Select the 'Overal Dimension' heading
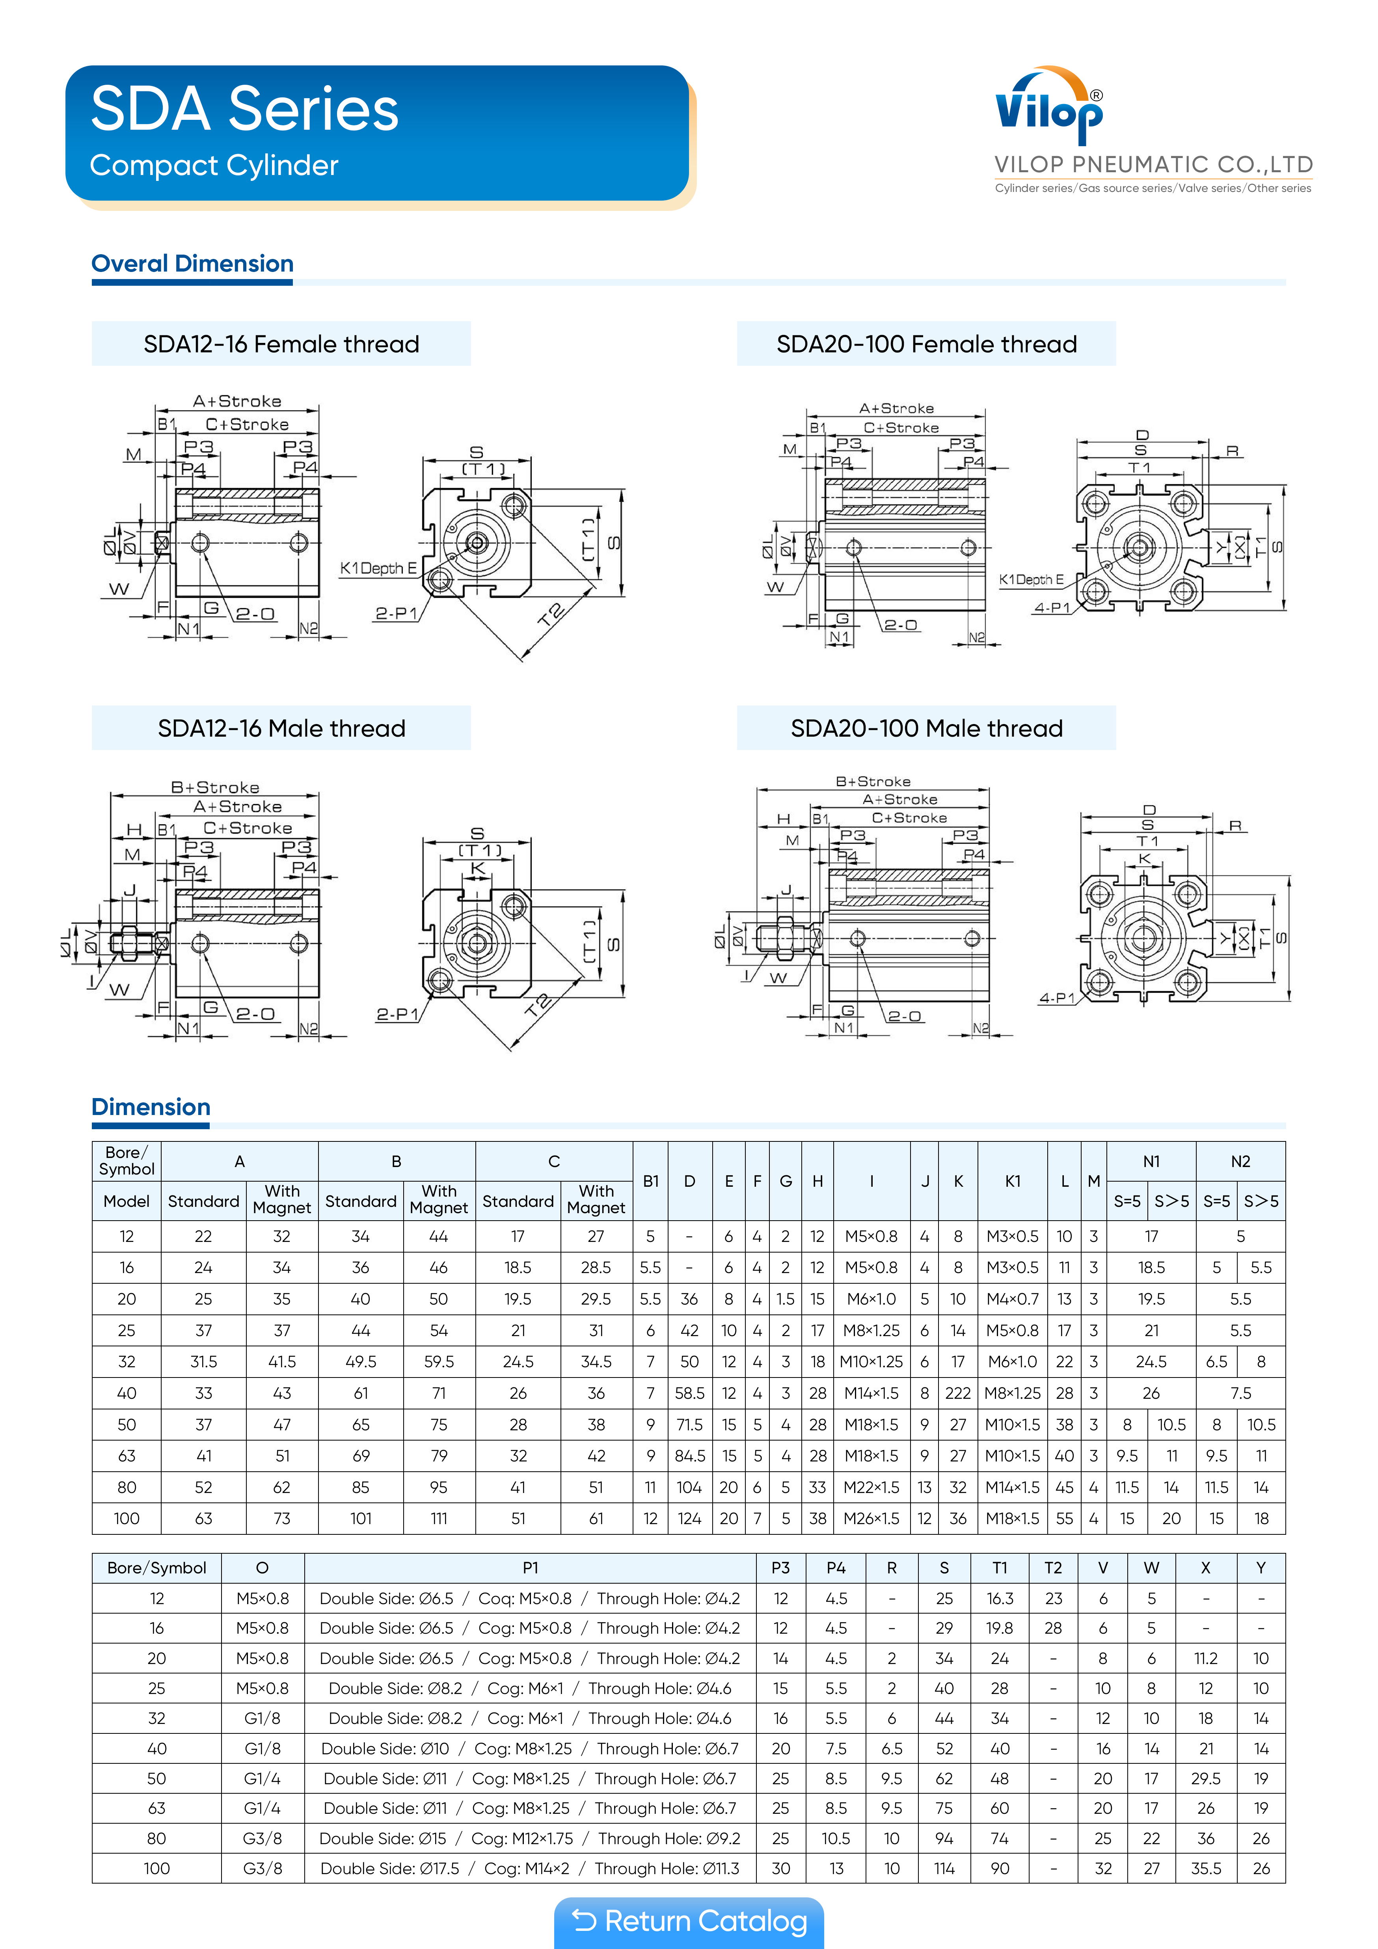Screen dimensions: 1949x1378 (193, 264)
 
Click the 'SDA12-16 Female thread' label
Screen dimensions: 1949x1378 (281, 344)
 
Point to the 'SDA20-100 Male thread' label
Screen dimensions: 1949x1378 (926, 728)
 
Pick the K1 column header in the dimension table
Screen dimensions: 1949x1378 (1012, 1181)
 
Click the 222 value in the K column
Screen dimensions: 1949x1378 (958, 1393)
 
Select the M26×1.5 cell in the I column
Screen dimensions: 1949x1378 (871, 1519)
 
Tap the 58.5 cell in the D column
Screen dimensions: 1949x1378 (689, 1393)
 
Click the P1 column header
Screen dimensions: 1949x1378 (530, 1568)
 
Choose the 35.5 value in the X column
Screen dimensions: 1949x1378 (1206, 1868)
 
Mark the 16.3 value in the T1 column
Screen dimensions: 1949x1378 (999, 1599)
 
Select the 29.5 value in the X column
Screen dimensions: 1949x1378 (1206, 1778)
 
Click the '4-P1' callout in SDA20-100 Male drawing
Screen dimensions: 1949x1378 (1056, 998)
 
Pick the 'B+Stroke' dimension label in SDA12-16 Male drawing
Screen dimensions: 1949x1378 (215, 787)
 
